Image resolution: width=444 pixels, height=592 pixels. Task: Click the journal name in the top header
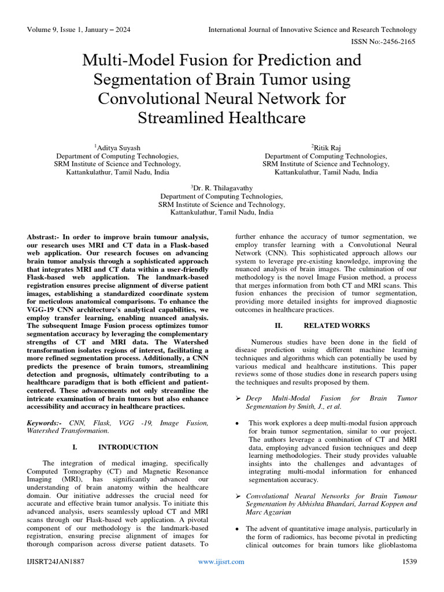(x=312, y=29)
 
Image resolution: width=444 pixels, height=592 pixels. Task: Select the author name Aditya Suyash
(x=119, y=148)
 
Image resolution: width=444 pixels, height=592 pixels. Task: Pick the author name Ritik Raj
(x=328, y=148)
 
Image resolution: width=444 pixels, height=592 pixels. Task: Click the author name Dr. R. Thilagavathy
(x=223, y=188)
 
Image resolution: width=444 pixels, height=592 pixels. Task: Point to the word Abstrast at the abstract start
(x=42, y=237)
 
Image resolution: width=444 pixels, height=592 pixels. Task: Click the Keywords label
(x=45, y=423)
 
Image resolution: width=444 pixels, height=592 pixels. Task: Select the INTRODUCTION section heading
(x=128, y=447)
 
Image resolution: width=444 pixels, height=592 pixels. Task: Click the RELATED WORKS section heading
(x=337, y=325)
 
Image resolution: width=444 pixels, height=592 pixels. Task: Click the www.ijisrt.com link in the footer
(x=221, y=561)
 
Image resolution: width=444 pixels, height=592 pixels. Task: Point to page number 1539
(x=409, y=561)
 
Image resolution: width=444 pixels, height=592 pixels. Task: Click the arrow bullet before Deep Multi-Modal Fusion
(x=239, y=399)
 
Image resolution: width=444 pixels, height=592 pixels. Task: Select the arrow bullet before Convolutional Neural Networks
(x=239, y=497)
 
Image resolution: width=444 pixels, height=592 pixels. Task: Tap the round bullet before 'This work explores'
(x=238, y=423)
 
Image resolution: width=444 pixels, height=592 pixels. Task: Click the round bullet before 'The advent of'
(x=238, y=529)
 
